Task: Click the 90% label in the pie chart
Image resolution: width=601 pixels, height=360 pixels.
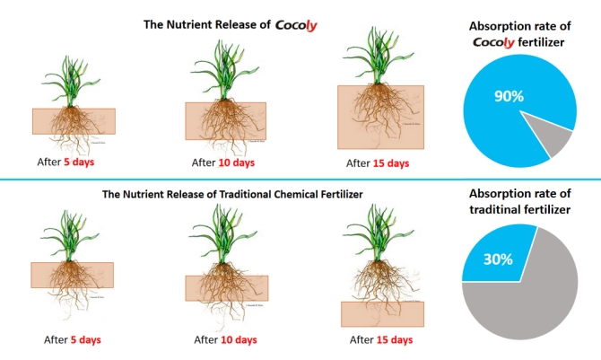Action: pyautogui.click(x=509, y=96)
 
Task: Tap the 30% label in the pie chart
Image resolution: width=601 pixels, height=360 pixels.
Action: pyautogui.click(x=498, y=259)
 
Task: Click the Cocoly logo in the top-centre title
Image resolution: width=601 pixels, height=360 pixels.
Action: pyautogui.click(x=296, y=25)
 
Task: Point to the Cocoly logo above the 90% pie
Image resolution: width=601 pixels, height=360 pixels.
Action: pyautogui.click(x=493, y=42)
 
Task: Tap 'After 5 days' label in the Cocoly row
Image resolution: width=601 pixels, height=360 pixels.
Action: pyautogui.click(x=65, y=162)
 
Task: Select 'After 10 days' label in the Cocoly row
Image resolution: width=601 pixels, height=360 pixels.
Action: pyautogui.click(x=223, y=162)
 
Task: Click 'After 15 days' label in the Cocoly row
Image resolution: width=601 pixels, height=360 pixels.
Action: pyautogui.click(x=378, y=163)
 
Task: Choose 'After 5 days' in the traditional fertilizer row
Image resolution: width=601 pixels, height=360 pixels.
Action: pyautogui.click(x=73, y=339)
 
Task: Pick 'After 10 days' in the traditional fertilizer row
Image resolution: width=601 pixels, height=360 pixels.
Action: pyautogui.click(x=225, y=339)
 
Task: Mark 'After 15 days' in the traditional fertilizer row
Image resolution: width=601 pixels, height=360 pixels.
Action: pyautogui.click(x=381, y=339)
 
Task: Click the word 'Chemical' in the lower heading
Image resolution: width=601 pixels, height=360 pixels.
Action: pyautogui.click(x=294, y=194)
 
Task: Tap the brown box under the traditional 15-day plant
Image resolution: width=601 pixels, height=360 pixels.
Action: pyautogui.click(x=382, y=314)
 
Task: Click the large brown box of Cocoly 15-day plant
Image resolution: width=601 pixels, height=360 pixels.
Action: pyautogui.click(x=380, y=117)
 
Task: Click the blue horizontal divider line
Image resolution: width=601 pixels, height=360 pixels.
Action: pyautogui.click(x=300, y=180)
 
